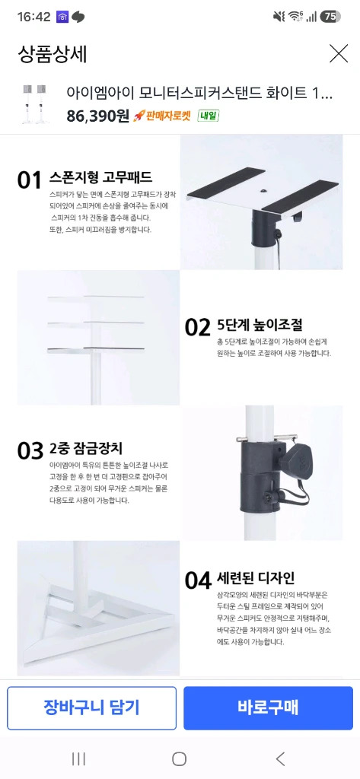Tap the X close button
339,53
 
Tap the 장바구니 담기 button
91,708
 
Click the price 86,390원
97,116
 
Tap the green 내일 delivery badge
209,116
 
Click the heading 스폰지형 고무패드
100,177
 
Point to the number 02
197,327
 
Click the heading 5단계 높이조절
260,325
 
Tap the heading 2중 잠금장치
85,449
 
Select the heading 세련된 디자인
256,577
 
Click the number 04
198,580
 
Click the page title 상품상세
53,54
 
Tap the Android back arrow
280,758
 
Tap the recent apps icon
78,758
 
